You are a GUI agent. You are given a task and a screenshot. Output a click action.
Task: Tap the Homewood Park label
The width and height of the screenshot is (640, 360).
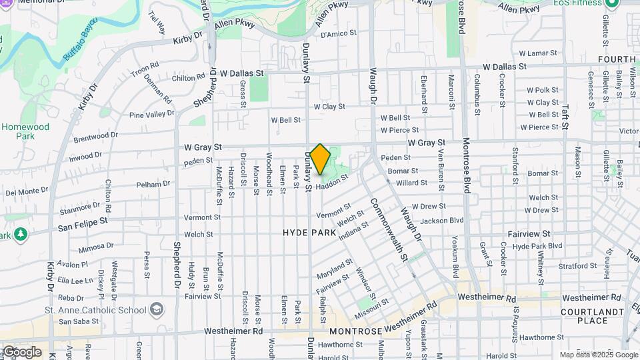[25, 131]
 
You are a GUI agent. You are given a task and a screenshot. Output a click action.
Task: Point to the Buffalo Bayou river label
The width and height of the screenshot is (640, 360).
[81, 39]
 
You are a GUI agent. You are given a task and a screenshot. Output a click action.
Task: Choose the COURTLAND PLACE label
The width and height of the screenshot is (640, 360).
[583, 316]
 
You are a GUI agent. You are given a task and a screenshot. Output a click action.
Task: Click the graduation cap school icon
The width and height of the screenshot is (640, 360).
[157, 309]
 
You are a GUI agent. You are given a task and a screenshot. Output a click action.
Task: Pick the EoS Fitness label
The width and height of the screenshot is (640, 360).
[579, 3]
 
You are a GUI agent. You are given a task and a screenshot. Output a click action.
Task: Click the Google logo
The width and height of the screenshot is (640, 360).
[21, 352]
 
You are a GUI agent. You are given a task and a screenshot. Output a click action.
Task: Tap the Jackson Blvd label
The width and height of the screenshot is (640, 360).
[441, 220]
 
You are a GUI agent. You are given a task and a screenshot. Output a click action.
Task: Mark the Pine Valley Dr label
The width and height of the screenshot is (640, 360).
[151, 115]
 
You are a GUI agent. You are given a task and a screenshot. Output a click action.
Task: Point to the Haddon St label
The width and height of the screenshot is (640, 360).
[332, 183]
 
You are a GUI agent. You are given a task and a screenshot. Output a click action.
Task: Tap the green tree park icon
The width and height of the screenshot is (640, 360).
[20, 234]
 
